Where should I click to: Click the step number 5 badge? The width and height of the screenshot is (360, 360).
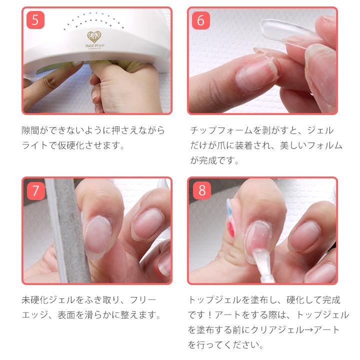pyautogui.click(x=35, y=20)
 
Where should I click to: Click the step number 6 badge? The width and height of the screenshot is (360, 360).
pyautogui.click(x=201, y=20)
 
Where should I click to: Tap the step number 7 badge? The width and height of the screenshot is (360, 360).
pyautogui.click(x=35, y=190)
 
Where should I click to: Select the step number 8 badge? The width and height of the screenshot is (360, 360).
pyautogui.click(x=201, y=190)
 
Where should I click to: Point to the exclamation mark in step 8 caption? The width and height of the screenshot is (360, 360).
pyautogui.click(x=214, y=315)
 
